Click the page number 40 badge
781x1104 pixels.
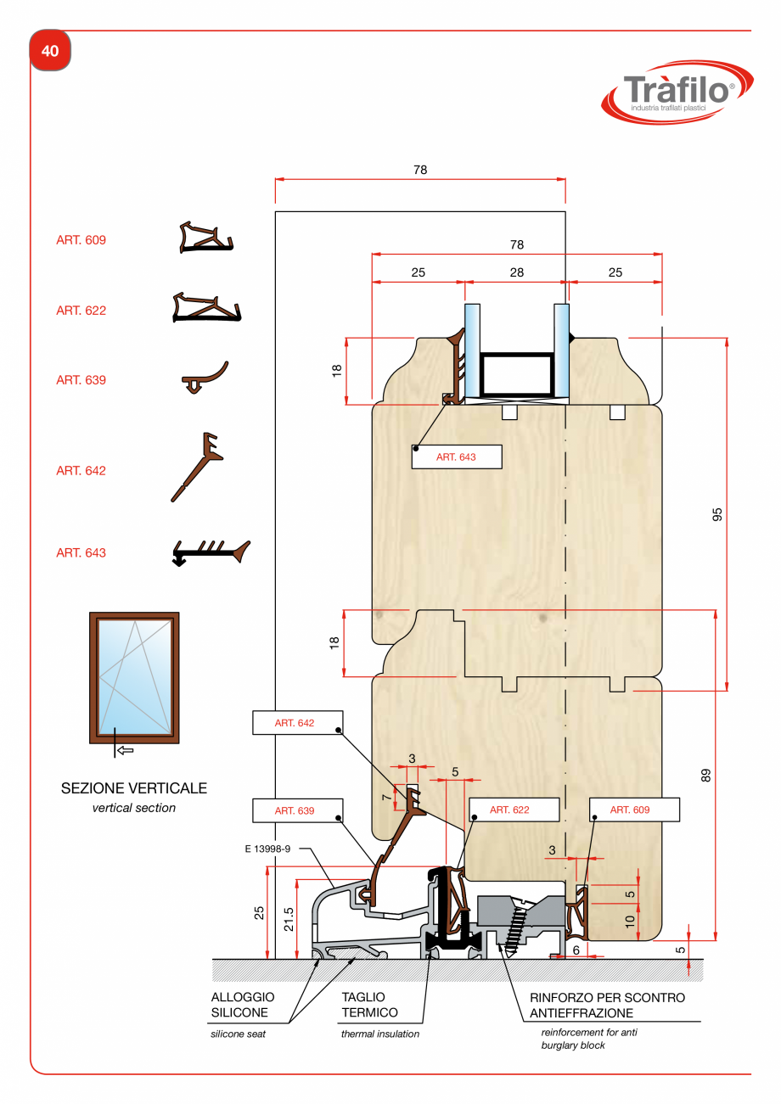pyautogui.click(x=50, y=51)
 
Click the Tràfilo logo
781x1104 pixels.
pyautogui.click(x=677, y=92)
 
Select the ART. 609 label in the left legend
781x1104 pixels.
pyautogui.click(x=81, y=240)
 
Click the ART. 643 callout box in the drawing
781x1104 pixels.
pyautogui.click(x=456, y=457)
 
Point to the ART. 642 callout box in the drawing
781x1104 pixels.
pyautogui.click(x=296, y=723)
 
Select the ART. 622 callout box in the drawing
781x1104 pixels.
pyautogui.click(x=512, y=810)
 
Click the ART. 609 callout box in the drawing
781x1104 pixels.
pyautogui.click(x=633, y=810)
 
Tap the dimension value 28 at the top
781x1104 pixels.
pyautogui.click(x=516, y=272)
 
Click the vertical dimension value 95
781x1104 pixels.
pyautogui.click(x=716, y=514)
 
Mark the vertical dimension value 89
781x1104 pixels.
pyautogui.click(x=705, y=775)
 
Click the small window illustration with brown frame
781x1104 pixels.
pyautogui.click(x=134, y=677)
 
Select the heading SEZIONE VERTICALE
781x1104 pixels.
pyautogui.click(x=134, y=788)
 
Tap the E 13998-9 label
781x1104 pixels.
pyautogui.click(x=267, y=848)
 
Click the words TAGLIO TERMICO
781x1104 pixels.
pyautogui.click(x=369, y=1005)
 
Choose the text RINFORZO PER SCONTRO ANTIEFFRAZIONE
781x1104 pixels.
pyautogui.click(x=607, y=1005)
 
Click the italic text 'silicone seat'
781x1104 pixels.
pyautogui.click(x=238, y=1034)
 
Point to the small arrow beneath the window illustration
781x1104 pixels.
pyautogui.click(x=124, y=750)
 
